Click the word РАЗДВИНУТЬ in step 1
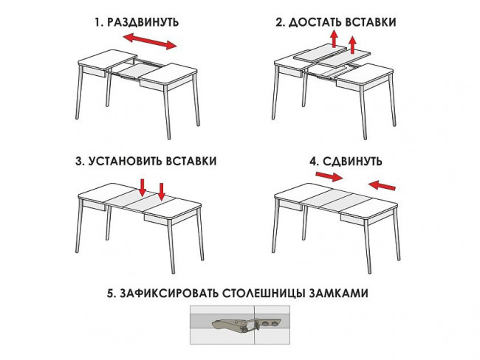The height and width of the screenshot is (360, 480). click(x=143, y=22)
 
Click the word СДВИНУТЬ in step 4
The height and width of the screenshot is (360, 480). click(x=352, y=162)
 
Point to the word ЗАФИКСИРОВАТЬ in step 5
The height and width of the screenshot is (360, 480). click(x=169, y=293)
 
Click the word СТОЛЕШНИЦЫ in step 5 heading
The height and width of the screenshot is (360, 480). click(x=264, y=294)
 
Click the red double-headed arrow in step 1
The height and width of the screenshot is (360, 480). click(x=150, y=41)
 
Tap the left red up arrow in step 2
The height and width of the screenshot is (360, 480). click(x=334, y=38)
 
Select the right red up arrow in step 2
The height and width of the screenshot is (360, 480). click(x=353, y=45)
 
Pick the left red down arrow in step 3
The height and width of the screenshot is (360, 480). click(x=143, y=187)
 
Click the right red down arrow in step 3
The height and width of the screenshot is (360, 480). click(x=162, y=192)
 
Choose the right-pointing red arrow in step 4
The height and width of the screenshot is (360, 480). click(x=329, y=176)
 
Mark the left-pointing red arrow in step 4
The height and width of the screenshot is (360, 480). click(x=382, y=185)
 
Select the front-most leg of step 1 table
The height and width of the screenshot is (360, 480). click(x=167, y=112)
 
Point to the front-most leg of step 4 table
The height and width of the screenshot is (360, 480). click(x=367, y=247)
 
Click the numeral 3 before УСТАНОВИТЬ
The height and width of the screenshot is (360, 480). click(x=79, y=162)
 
